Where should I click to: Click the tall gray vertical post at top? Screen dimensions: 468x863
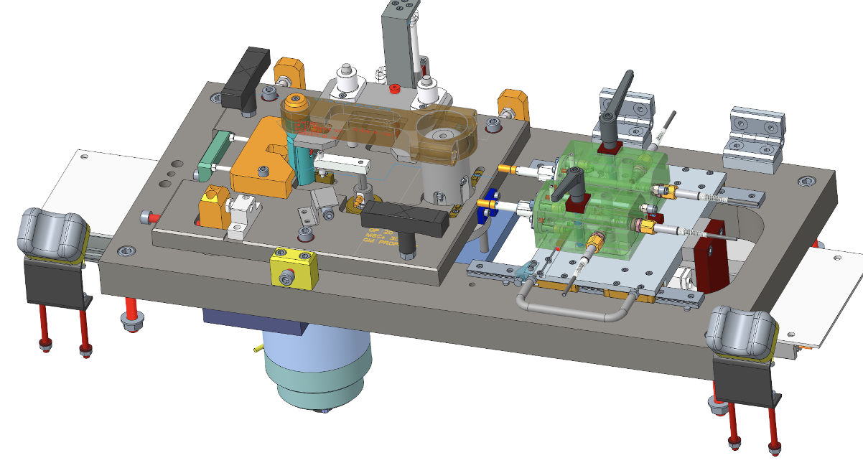396,43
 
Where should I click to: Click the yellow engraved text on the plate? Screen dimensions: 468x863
388,241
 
